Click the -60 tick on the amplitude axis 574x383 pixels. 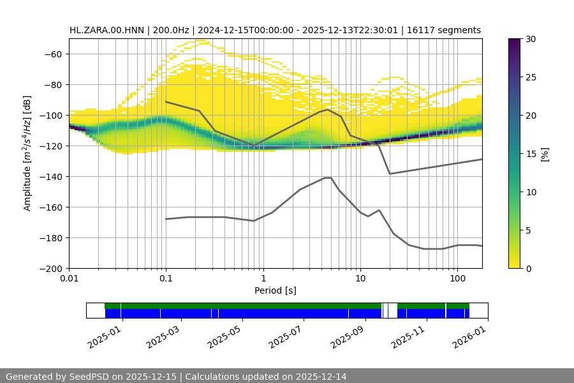[54, 54]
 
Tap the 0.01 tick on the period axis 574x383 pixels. [69, 279]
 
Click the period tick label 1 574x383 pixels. [263, 279]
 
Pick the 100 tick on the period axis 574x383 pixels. [457, 279]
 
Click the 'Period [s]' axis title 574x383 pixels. [276, 290]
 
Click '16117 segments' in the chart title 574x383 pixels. [446, 30]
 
